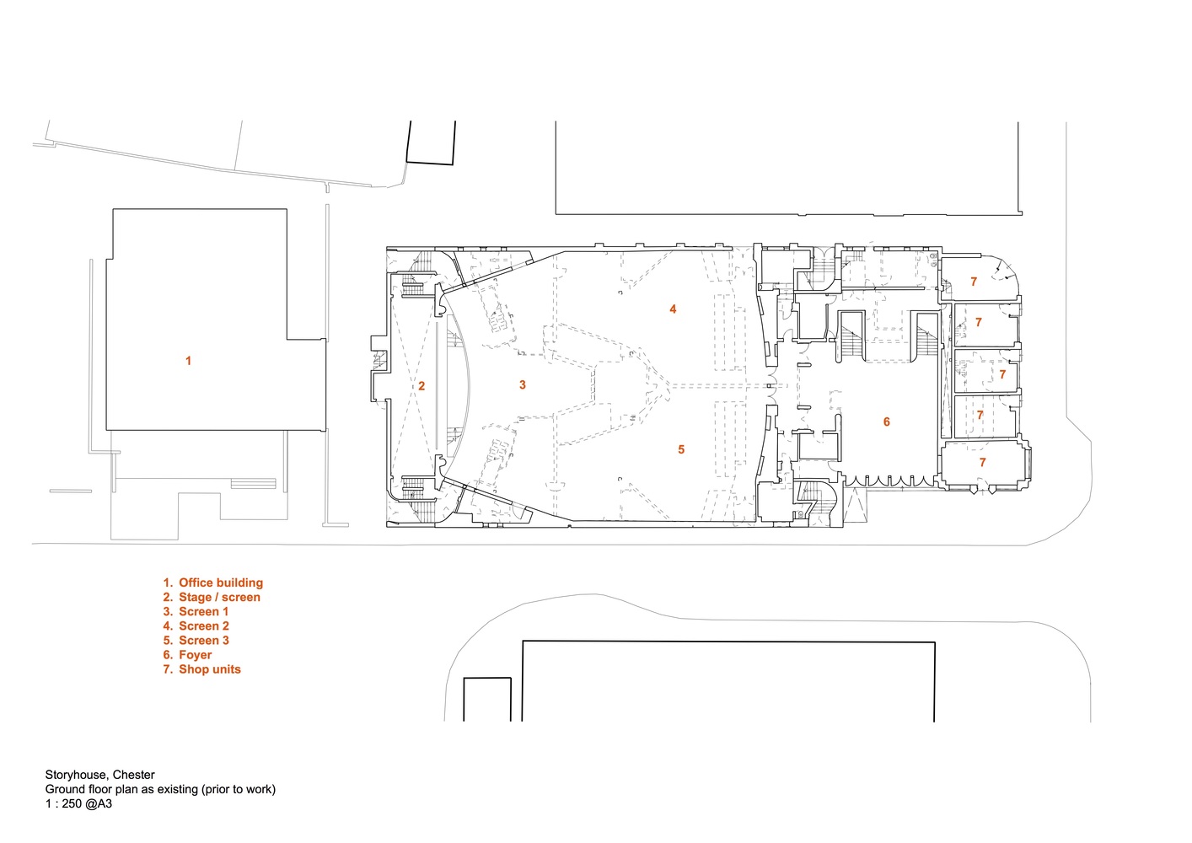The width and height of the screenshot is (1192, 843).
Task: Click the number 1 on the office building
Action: pos(188,361)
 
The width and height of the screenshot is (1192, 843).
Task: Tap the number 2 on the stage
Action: pos(421,386)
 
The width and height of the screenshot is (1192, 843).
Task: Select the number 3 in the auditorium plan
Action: pos(523,384)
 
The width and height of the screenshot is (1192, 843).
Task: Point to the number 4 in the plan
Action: pos(673,309)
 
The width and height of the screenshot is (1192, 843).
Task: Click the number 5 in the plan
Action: pos(681,449)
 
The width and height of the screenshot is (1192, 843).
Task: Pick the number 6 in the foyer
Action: pos(887,422)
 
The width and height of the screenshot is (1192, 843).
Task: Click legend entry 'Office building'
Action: pos(221,583)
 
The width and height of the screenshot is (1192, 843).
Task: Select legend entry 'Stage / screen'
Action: pos(219,597)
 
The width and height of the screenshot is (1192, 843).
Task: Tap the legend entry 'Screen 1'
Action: pos(203,611)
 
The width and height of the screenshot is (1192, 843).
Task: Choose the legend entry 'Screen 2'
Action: pos(204,626)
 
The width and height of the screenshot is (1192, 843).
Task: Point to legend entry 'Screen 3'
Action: pos(204,640)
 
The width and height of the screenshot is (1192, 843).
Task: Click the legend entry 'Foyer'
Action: pos(195,655)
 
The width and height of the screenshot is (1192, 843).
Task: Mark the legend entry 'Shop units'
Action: pos(210,669)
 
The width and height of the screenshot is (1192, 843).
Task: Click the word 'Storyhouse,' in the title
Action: pos(78,775)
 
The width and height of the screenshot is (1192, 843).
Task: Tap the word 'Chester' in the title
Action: pos(133,775)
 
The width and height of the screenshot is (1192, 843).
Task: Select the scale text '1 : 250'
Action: pos(62,803)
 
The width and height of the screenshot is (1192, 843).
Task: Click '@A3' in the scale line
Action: pos(98,803)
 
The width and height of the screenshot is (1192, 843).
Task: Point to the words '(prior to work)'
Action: pos(238,789)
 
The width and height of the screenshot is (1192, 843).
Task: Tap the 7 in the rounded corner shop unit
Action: pos(974,282)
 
